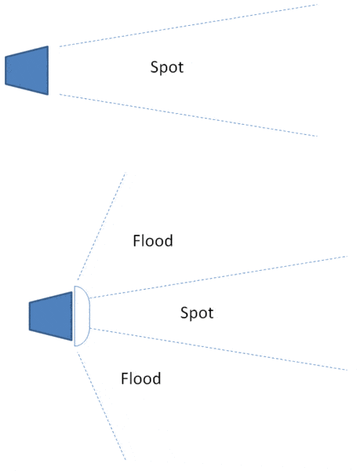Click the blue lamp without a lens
(x=27, y=71)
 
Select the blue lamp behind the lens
(x=51, y=316)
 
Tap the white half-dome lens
(x=82, y=316)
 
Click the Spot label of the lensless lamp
(x=167, y=68)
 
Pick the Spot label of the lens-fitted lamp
(x=197, y=313)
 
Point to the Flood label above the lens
(x=153, y=241)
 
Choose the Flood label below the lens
(x=141, y=378)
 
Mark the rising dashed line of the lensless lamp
(x=188, y=26)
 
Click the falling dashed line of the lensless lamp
(x=188, y=115)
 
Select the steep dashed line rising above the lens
(x=101, y=226)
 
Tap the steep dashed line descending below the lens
(x=101, y=406)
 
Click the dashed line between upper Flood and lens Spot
(x=218, y=277)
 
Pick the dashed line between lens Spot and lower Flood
(x=218, y=349)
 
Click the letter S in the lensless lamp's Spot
(x=155, y=67)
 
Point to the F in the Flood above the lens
(x=136, y=241)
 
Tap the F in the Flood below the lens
(x=125, y=378)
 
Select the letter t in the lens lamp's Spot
(x=211, y=313)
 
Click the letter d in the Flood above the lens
(x=169, y=241)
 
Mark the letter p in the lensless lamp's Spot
(x=164, y=69)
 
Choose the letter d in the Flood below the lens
(x=157, y=378)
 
